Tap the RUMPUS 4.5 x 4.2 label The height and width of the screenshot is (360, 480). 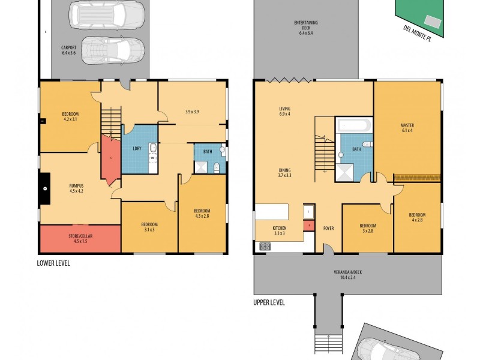[x=76, y=189]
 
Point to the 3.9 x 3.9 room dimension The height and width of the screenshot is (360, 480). [x=193, y=112]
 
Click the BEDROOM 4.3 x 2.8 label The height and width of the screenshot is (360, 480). [x=202, y=213]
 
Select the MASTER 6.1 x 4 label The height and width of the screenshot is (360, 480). [x=407, y=128]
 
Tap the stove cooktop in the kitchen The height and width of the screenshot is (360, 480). [x=265, y=246]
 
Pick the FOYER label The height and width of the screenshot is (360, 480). [x=328, y=228]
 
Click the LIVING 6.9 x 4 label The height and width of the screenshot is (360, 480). [x=284, y=111]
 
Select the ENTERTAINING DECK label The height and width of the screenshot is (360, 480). [x=306, y=27]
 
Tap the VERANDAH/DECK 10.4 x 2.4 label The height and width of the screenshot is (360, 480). [x=347, y=274]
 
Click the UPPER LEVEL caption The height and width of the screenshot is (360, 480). [x=268, y=302]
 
